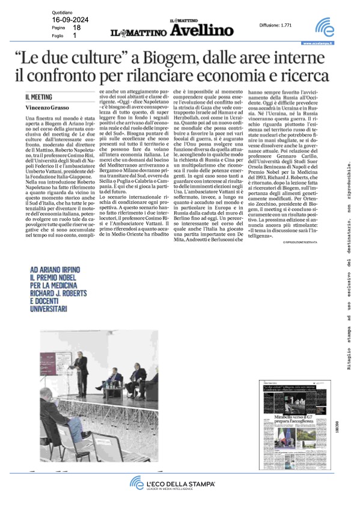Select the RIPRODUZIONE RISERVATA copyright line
306,258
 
